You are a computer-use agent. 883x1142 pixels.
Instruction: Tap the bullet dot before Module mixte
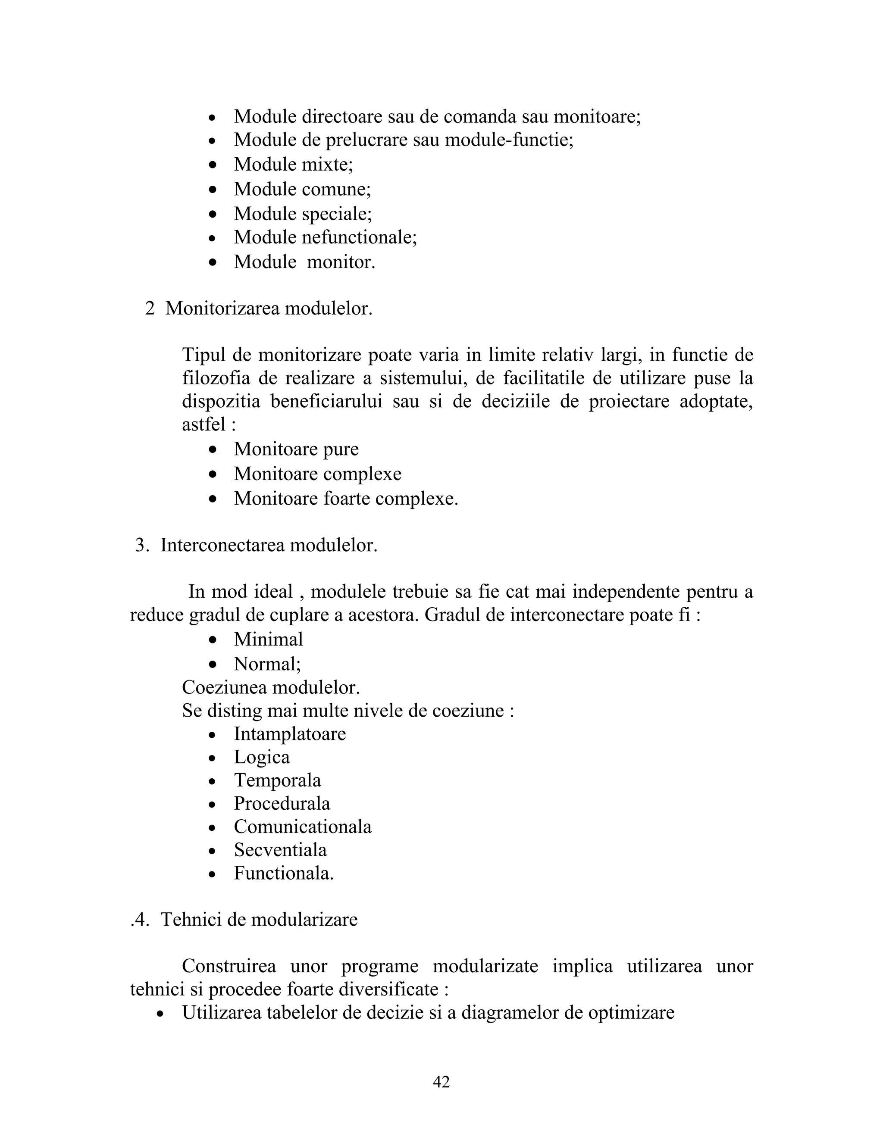[213, 165]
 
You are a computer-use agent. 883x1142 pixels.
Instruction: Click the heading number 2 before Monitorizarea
[150, 309]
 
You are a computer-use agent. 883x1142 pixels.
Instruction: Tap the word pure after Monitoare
[341, 449]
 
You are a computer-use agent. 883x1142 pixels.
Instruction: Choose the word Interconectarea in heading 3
[223, 546]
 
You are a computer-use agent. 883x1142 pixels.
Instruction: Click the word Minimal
[268, 640]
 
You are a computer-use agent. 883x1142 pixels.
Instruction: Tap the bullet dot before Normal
[213, 665]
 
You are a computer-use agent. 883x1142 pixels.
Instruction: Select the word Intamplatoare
[290, 733]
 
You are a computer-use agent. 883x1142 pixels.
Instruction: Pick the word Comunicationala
[302, 827]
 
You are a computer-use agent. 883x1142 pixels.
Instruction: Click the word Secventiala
[280, 850]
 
